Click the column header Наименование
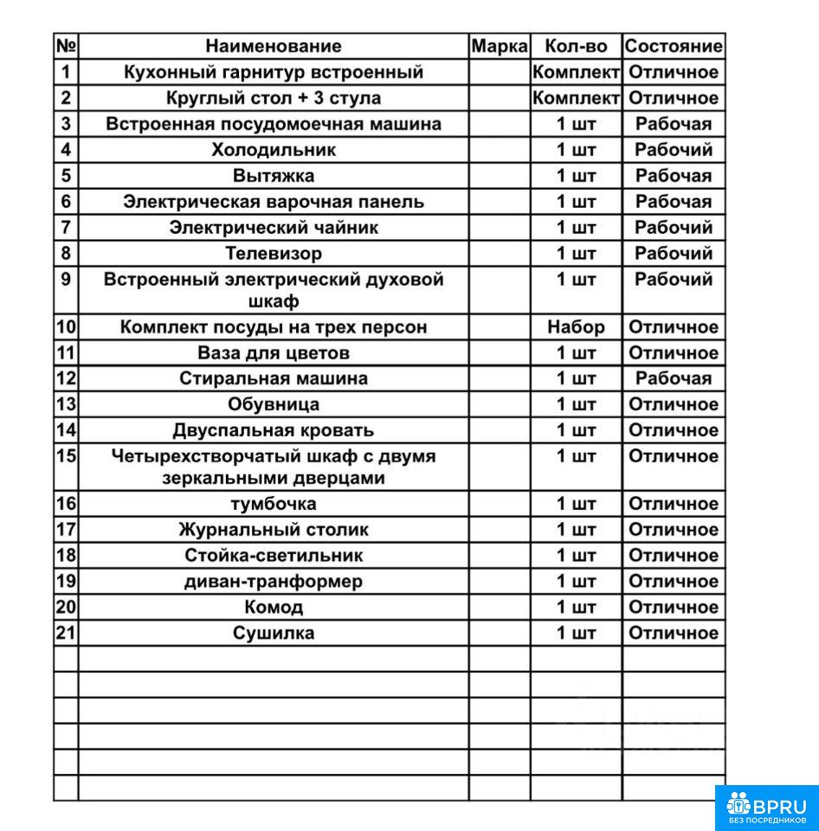point(273,46)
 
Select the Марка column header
point(500,46)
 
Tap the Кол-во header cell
point(576,46)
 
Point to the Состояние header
point(674,46)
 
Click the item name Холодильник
point(273,150)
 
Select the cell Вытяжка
point(273,176)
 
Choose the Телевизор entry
point(273,254)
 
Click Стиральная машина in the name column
point(273,378)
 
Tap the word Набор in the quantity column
point(576,327)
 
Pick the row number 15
point(67,455)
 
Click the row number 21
point(67,633)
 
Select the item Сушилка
point(273,633)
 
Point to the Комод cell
point(273,607)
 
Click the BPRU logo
point(766,808)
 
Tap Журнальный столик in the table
point(273,530)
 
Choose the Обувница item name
point(273,404)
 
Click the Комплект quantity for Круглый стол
point(576,98)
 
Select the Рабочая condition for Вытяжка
point(674,176)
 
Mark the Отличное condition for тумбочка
point(674,504)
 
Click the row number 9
point(67,280)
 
